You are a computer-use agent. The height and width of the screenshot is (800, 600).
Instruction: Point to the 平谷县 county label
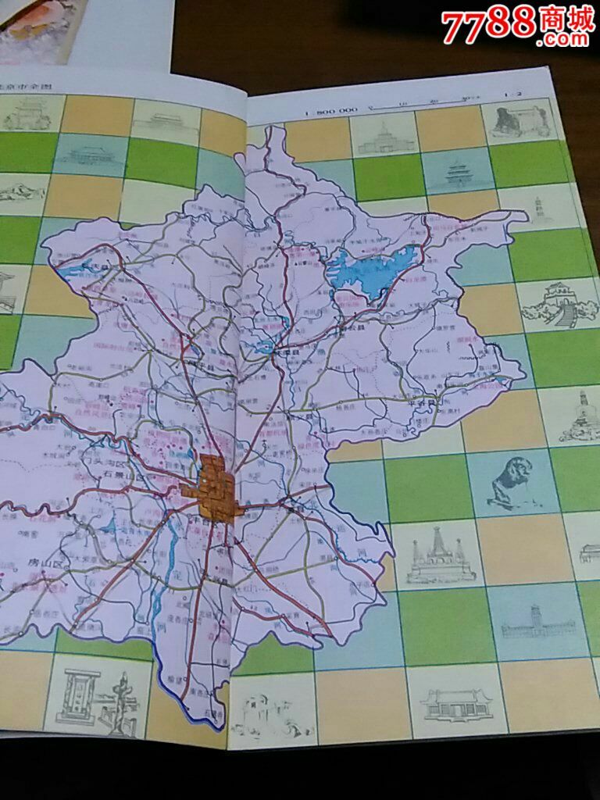pyautogui.click(x=423, y=399)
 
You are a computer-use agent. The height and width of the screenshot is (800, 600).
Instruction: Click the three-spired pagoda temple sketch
pyautogui.click(x=439, y=556)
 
